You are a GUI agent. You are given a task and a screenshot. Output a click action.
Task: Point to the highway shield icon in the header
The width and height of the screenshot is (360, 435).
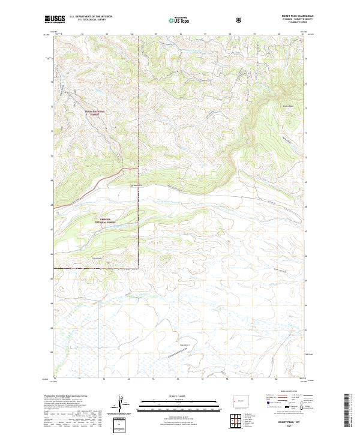click(240, 20)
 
